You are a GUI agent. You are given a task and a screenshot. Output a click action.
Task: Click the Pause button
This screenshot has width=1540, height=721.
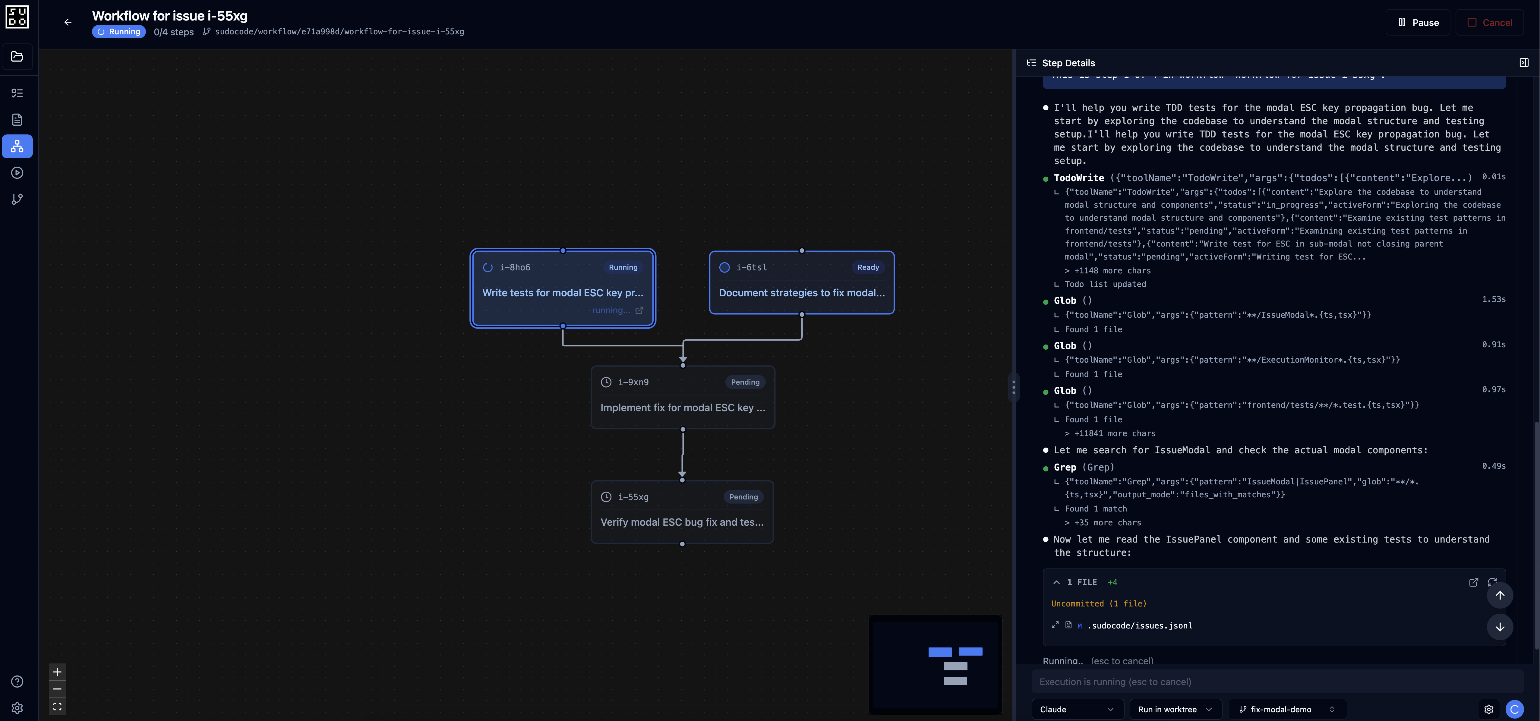click(x=1418, y=23)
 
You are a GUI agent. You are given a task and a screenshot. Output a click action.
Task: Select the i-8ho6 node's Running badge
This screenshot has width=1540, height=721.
click(x=623, y=267)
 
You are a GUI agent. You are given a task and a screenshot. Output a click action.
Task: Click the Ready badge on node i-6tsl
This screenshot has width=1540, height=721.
click(x=867, y=267)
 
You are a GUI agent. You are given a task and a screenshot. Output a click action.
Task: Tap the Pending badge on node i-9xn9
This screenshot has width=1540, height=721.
click(x=745, y=382)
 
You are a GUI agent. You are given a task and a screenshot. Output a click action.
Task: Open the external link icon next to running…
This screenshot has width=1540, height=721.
click(x=639, y=310)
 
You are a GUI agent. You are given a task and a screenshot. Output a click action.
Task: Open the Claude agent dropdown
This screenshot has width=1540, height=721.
click(x=1076, y=710)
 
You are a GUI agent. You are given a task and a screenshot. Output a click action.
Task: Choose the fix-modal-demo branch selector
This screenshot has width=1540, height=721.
click(x=1286, y=710)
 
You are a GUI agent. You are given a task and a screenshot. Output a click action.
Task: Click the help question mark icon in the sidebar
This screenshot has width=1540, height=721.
click(x=17, y=682)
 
